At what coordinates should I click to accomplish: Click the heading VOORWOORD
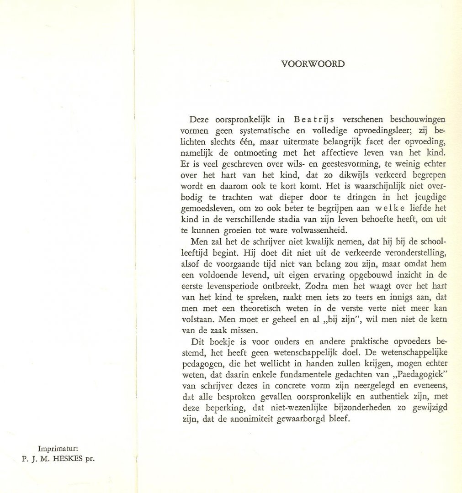point(313,64)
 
